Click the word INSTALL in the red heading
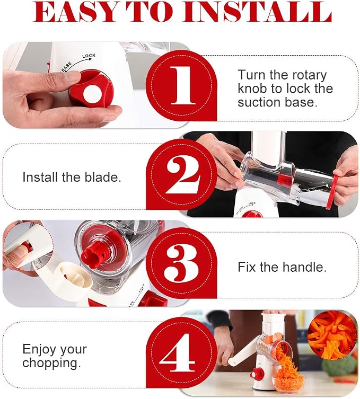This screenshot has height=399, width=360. (x=258, y=12)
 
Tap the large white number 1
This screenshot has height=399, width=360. (x=183, y=85)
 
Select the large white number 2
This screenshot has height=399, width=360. (x=183, y=174)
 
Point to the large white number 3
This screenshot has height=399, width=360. (x=181, y=264)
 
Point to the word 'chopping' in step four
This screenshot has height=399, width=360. (x=51, y=363)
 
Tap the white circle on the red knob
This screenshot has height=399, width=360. (x=92, y=94)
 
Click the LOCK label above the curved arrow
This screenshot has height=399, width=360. (x=89, y=56)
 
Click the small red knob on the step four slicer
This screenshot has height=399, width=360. (x=257, y=375)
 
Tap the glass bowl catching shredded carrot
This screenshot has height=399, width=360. (x=288, y=383)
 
